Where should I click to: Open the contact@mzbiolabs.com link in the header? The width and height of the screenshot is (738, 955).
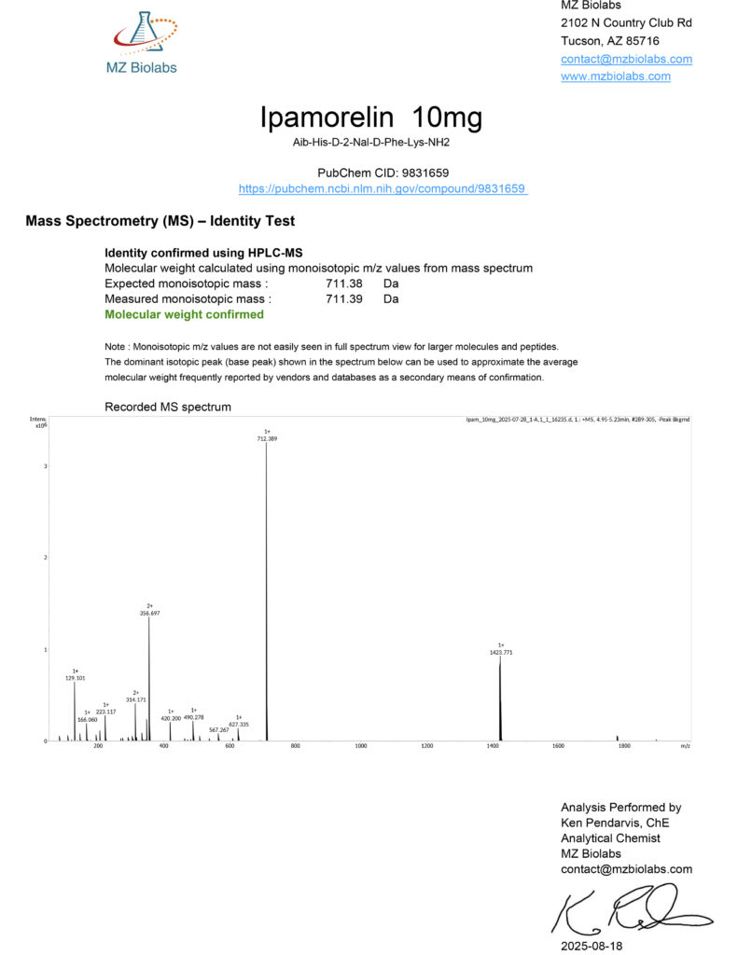[x=626, y=59]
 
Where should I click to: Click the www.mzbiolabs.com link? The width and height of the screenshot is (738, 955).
[x=615, y=76]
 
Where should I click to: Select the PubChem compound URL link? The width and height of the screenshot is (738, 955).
[x=383, y=188]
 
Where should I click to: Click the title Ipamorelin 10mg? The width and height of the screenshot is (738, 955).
[x=370, y=118]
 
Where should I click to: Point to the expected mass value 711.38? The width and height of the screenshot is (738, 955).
[x=343, y=283]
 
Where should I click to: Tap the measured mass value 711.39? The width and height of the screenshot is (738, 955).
[x=343, y=298]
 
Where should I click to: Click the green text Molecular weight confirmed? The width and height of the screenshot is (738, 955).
[x=184, y=314]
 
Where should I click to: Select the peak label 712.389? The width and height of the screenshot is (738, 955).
[x=267, y=437]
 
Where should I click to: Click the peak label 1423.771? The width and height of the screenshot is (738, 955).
[x=500, y=653]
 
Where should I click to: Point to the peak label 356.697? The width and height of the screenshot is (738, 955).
[x=150, y=613]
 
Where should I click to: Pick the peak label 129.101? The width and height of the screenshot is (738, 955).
[x=76, y=678]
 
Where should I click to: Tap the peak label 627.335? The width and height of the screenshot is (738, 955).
[x=239, y=724]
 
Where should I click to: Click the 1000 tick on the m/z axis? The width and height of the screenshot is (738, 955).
[x=361, y=746]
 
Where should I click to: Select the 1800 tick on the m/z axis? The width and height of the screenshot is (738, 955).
[x=623, y=746]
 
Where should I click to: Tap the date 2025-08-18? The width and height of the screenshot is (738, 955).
[x=591, y=944]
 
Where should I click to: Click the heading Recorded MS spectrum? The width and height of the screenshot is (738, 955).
[x=168, y=407]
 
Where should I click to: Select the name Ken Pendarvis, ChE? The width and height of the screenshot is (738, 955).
[x=614, y=823]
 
